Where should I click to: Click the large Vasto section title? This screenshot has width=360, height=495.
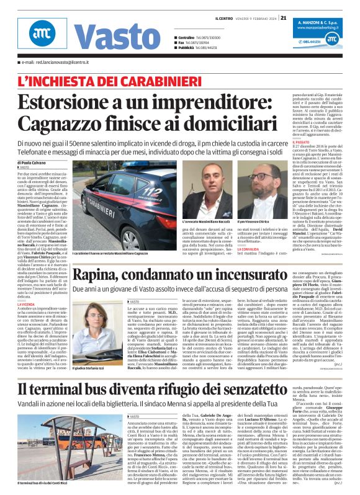coord(104,38)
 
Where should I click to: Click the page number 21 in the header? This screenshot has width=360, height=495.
coord(284,18)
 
